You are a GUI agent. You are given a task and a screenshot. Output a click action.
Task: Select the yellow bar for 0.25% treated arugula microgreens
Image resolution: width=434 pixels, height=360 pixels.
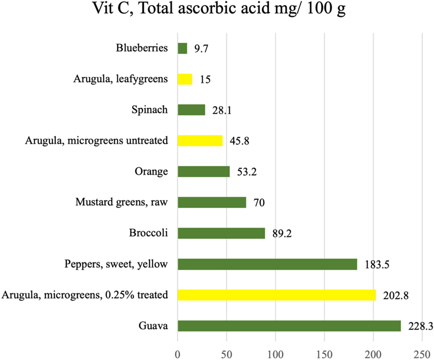pos(276,295)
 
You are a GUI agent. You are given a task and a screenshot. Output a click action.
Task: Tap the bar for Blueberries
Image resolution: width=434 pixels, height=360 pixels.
pos(182,48)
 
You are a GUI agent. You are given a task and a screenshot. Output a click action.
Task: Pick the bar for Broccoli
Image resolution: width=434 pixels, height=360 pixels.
pos(221,233)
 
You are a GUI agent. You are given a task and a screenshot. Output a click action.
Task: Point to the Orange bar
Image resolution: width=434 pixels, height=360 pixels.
pos(204,172)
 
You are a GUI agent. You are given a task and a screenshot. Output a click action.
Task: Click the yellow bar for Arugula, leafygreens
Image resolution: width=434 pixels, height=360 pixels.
pos(185,79)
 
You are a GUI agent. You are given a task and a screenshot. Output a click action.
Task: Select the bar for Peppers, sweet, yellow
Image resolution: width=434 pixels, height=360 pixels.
pos(267,264)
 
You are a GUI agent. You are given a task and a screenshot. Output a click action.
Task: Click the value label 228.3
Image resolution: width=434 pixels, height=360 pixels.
pos(420,326)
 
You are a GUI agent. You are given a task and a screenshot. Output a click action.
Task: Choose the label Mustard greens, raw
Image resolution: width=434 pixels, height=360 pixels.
pos(121,202)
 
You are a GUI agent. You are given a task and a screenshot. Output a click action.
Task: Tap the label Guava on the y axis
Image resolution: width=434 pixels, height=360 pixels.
pos(155,326)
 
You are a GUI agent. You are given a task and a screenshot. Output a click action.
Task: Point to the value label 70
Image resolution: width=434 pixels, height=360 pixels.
pos(259,203)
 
